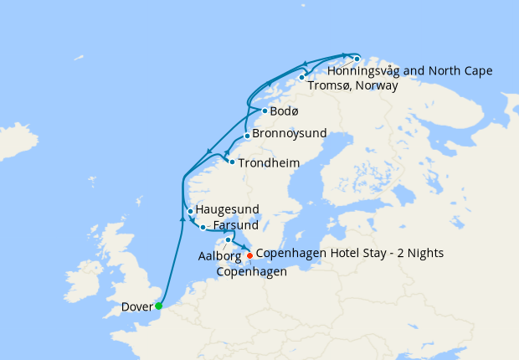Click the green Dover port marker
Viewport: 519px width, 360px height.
tap(159, 306)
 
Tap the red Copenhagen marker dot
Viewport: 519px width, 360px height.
tap(249, 255)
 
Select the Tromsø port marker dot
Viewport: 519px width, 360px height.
tap(302, 77)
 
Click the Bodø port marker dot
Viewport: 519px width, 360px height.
tap(265, 111)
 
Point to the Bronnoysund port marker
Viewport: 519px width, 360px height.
tap(247, 136)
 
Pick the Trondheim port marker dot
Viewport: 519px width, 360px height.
tap(232, 161)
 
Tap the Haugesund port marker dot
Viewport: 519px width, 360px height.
tap(191, 211)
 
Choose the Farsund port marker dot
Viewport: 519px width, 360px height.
tap(203, 227)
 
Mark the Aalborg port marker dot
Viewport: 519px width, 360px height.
tap(228, 239)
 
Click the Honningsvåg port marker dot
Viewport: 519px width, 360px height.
tap(357, 59)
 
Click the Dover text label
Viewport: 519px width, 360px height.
tap(137, 306)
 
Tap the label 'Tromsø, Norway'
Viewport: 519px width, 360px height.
tap(352, 85)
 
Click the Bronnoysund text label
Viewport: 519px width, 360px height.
tap(290, 134)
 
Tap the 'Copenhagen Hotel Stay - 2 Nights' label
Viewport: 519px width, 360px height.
tap(349, 253)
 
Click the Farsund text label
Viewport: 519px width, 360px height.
tap(236, 226)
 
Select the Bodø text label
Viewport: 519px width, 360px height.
tap(285, 111)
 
